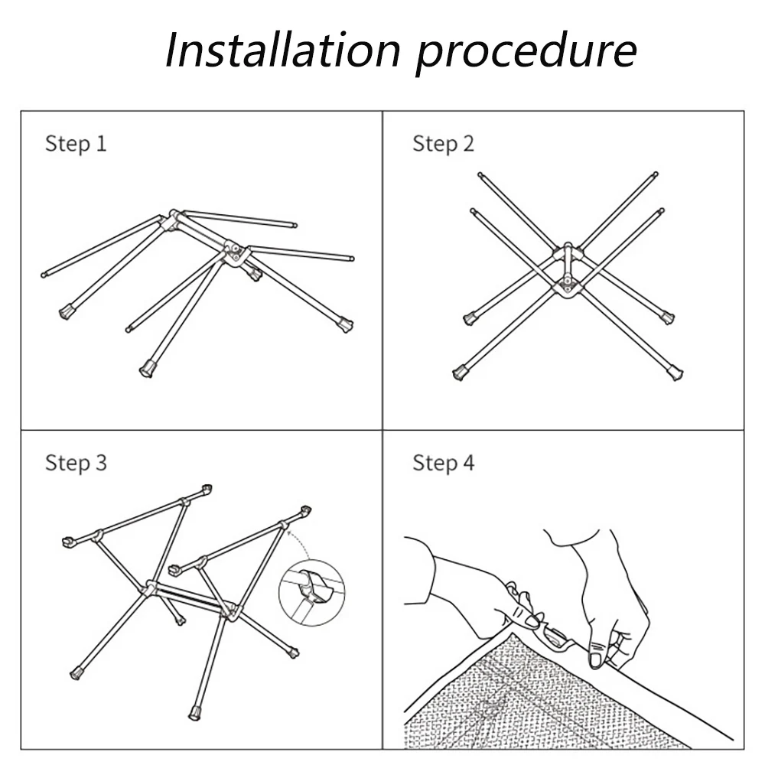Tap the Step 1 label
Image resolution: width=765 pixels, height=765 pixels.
click(76, 144)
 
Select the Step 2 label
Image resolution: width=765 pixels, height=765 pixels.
click(444, 144)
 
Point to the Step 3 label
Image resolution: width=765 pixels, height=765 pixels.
click(76, 463)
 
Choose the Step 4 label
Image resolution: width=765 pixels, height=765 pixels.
click(444, 463)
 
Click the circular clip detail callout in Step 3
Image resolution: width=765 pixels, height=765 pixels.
click(311, 593)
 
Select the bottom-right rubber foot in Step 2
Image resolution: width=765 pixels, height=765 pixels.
click(675, 373)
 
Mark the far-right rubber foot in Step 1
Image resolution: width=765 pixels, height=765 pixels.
click(346, 325)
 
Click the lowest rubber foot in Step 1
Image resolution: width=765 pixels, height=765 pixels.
click(146, 369)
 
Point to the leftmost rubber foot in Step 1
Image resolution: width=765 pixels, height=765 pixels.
click(66, 312)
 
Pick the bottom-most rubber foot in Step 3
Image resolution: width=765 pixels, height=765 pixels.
click(195, 713)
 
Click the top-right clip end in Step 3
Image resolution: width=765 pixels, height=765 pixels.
click(305, 510)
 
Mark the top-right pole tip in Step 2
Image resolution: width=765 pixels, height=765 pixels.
click(654, 175)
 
